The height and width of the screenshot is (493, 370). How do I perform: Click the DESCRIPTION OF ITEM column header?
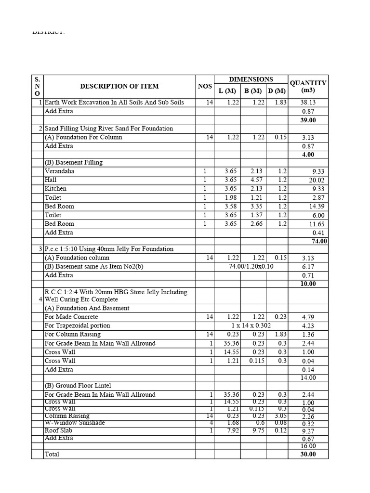click(x=119, y=87)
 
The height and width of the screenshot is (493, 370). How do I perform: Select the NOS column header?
click(x=205, y=87)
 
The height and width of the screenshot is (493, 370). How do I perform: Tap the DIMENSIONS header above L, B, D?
click(x=251, y=79)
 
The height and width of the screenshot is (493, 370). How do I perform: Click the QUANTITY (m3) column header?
click(x=308, y=87)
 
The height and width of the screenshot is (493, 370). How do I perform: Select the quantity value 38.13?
click(x=308, y=103)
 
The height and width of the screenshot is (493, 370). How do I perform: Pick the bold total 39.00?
click(x=308, y=120)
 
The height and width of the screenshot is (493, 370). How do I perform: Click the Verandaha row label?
click(x=60, y=171)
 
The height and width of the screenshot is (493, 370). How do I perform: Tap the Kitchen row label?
click(x=55, y=189)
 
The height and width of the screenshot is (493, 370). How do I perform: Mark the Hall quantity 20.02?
click(x=308, y=181)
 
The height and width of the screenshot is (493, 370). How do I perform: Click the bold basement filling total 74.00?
click(x=319, y=241)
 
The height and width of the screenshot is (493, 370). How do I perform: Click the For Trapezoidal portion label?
click(x=77, y=326)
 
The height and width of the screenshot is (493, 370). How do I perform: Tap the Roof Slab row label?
click(x=59, y=431)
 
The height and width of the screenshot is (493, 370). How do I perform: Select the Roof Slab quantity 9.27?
click(x=308, y=432)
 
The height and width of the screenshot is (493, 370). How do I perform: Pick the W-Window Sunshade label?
click(x=75, y=423)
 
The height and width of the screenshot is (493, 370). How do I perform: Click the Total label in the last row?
click(x=53, y=454)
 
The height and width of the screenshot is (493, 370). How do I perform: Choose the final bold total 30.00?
click(x=308, y=454)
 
